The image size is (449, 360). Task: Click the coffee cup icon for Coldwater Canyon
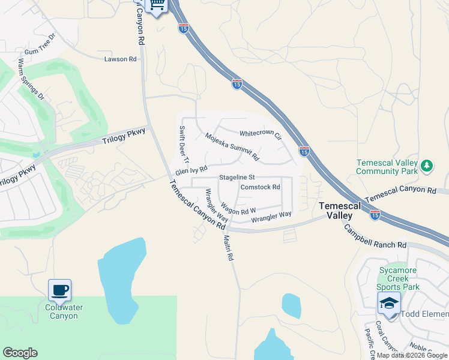point(59,290)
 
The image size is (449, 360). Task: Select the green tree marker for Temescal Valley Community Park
point(427,165)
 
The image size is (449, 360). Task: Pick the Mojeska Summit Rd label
point(232,146)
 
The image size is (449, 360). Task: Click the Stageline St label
point(237,178)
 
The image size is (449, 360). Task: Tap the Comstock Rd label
point(261,187)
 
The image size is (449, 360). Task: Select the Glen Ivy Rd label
point(191,171)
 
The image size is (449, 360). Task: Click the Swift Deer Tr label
point(184,144)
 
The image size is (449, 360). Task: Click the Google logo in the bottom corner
point(20,353)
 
